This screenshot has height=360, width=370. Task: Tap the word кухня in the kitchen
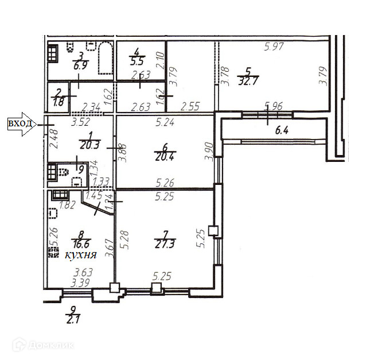pyautogui.click(x=80, y=255)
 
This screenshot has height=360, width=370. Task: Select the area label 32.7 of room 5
pyautogui.click(x=248, y=82)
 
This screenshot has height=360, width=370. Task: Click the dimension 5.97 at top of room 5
pyautogui.click(x=274, y=47)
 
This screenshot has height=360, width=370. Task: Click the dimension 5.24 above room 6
pyautogui.click(x=165, y=122)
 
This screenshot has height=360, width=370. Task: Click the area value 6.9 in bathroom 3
pyautogui.click(x=79, y=66)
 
